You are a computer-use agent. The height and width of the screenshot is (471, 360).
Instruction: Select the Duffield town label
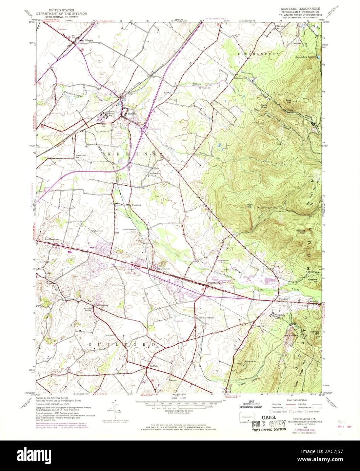tap(153, 367)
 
